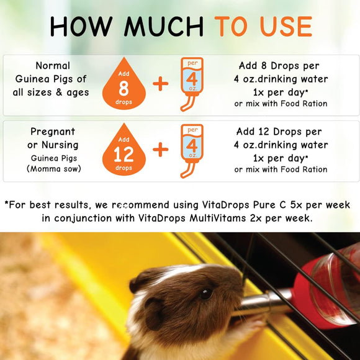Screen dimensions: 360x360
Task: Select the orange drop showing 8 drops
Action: (124, 86)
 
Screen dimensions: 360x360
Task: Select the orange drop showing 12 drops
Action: (124, 152)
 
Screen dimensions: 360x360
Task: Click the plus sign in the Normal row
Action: (161, 84)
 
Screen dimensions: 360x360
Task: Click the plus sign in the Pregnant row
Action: (161, 150)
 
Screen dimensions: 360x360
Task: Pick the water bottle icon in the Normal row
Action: (192, 84)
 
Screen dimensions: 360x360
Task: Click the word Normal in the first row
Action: (53, 65)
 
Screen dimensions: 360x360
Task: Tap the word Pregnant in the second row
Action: (53, 132)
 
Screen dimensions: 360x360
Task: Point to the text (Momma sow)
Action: (53, 168)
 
